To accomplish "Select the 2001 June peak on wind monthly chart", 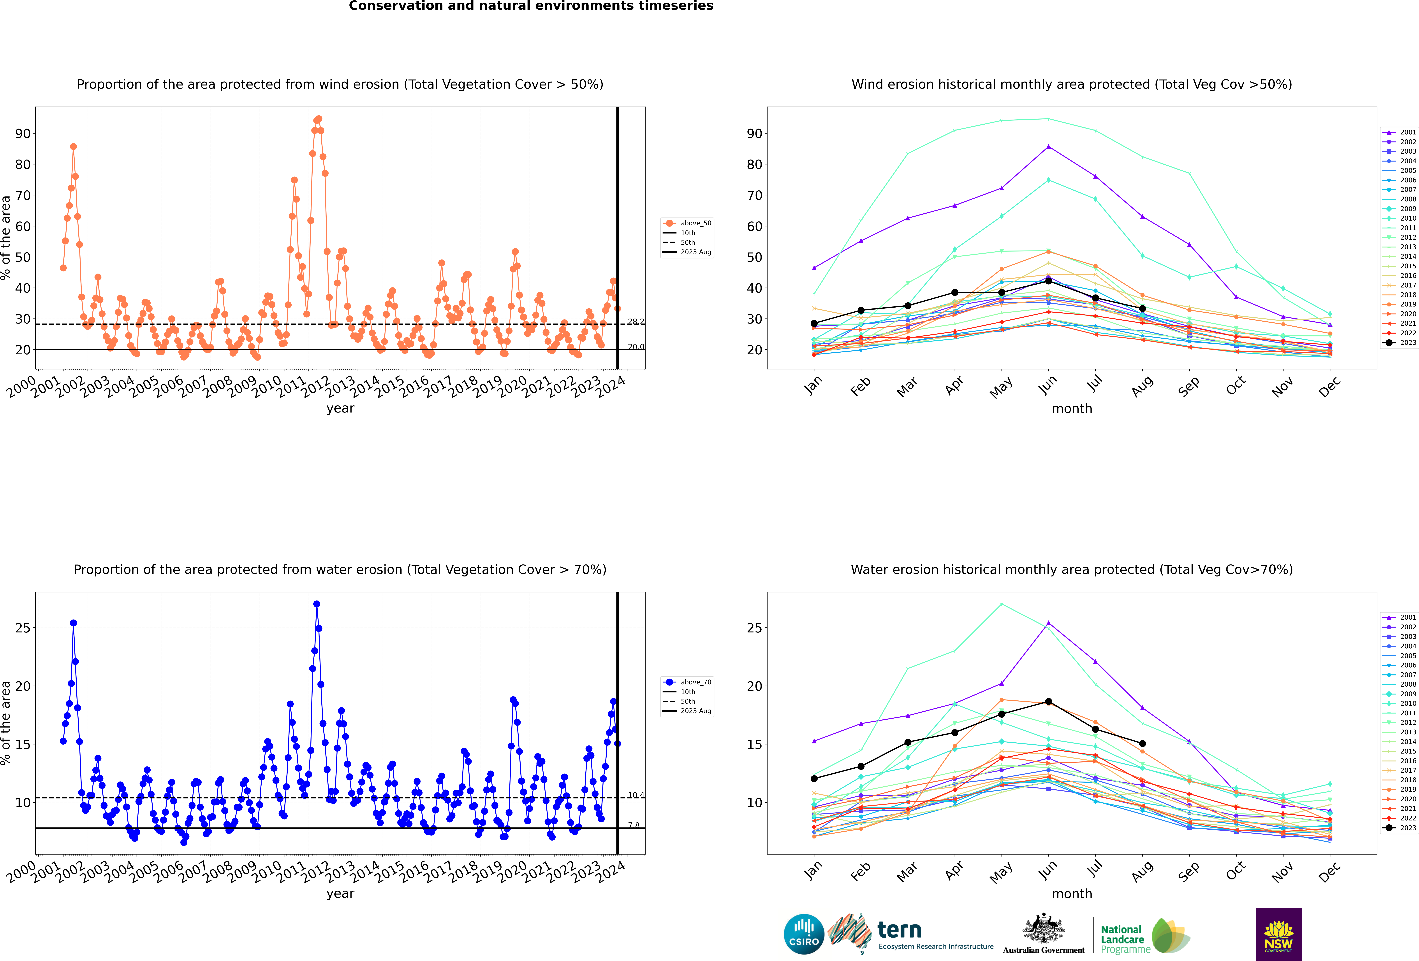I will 1048,146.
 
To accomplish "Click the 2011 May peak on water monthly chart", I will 1001,604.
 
